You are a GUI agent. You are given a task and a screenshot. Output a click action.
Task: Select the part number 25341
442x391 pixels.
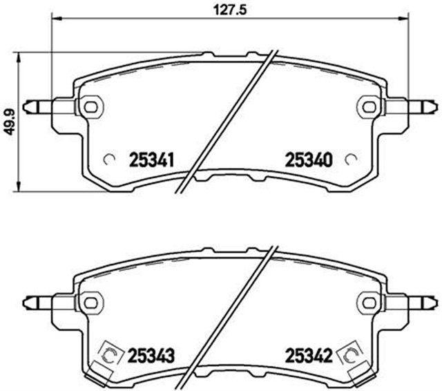[x=151, y=160]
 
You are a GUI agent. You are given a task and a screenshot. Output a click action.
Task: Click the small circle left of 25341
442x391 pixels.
[x=108, y=158]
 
